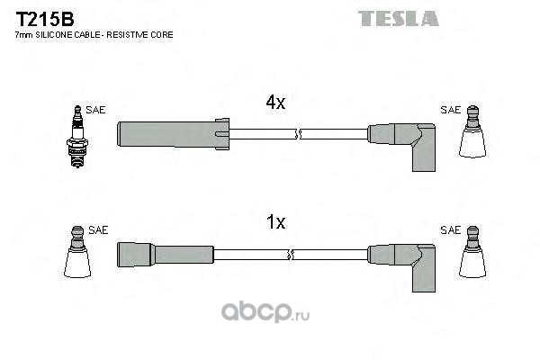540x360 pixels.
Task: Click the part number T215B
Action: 45,19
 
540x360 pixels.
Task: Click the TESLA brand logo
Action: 399,18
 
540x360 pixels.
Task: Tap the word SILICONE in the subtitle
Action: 54,35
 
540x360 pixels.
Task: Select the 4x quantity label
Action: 275,103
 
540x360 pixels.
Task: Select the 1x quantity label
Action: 276,222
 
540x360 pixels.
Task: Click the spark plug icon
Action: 77,137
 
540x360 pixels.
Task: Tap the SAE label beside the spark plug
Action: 95,110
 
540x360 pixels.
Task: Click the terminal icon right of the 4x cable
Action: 472,131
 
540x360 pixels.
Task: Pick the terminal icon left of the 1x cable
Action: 77,252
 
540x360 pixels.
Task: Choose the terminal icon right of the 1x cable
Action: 472,252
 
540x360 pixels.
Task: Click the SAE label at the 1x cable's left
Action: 98,230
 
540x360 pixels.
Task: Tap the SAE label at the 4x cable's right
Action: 451,110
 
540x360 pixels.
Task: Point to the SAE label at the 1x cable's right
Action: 451,230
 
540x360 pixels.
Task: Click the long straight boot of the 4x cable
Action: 173,134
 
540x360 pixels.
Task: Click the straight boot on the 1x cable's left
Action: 166,255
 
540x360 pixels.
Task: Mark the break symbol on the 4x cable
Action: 298,134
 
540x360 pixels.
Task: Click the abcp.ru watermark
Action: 265,312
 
